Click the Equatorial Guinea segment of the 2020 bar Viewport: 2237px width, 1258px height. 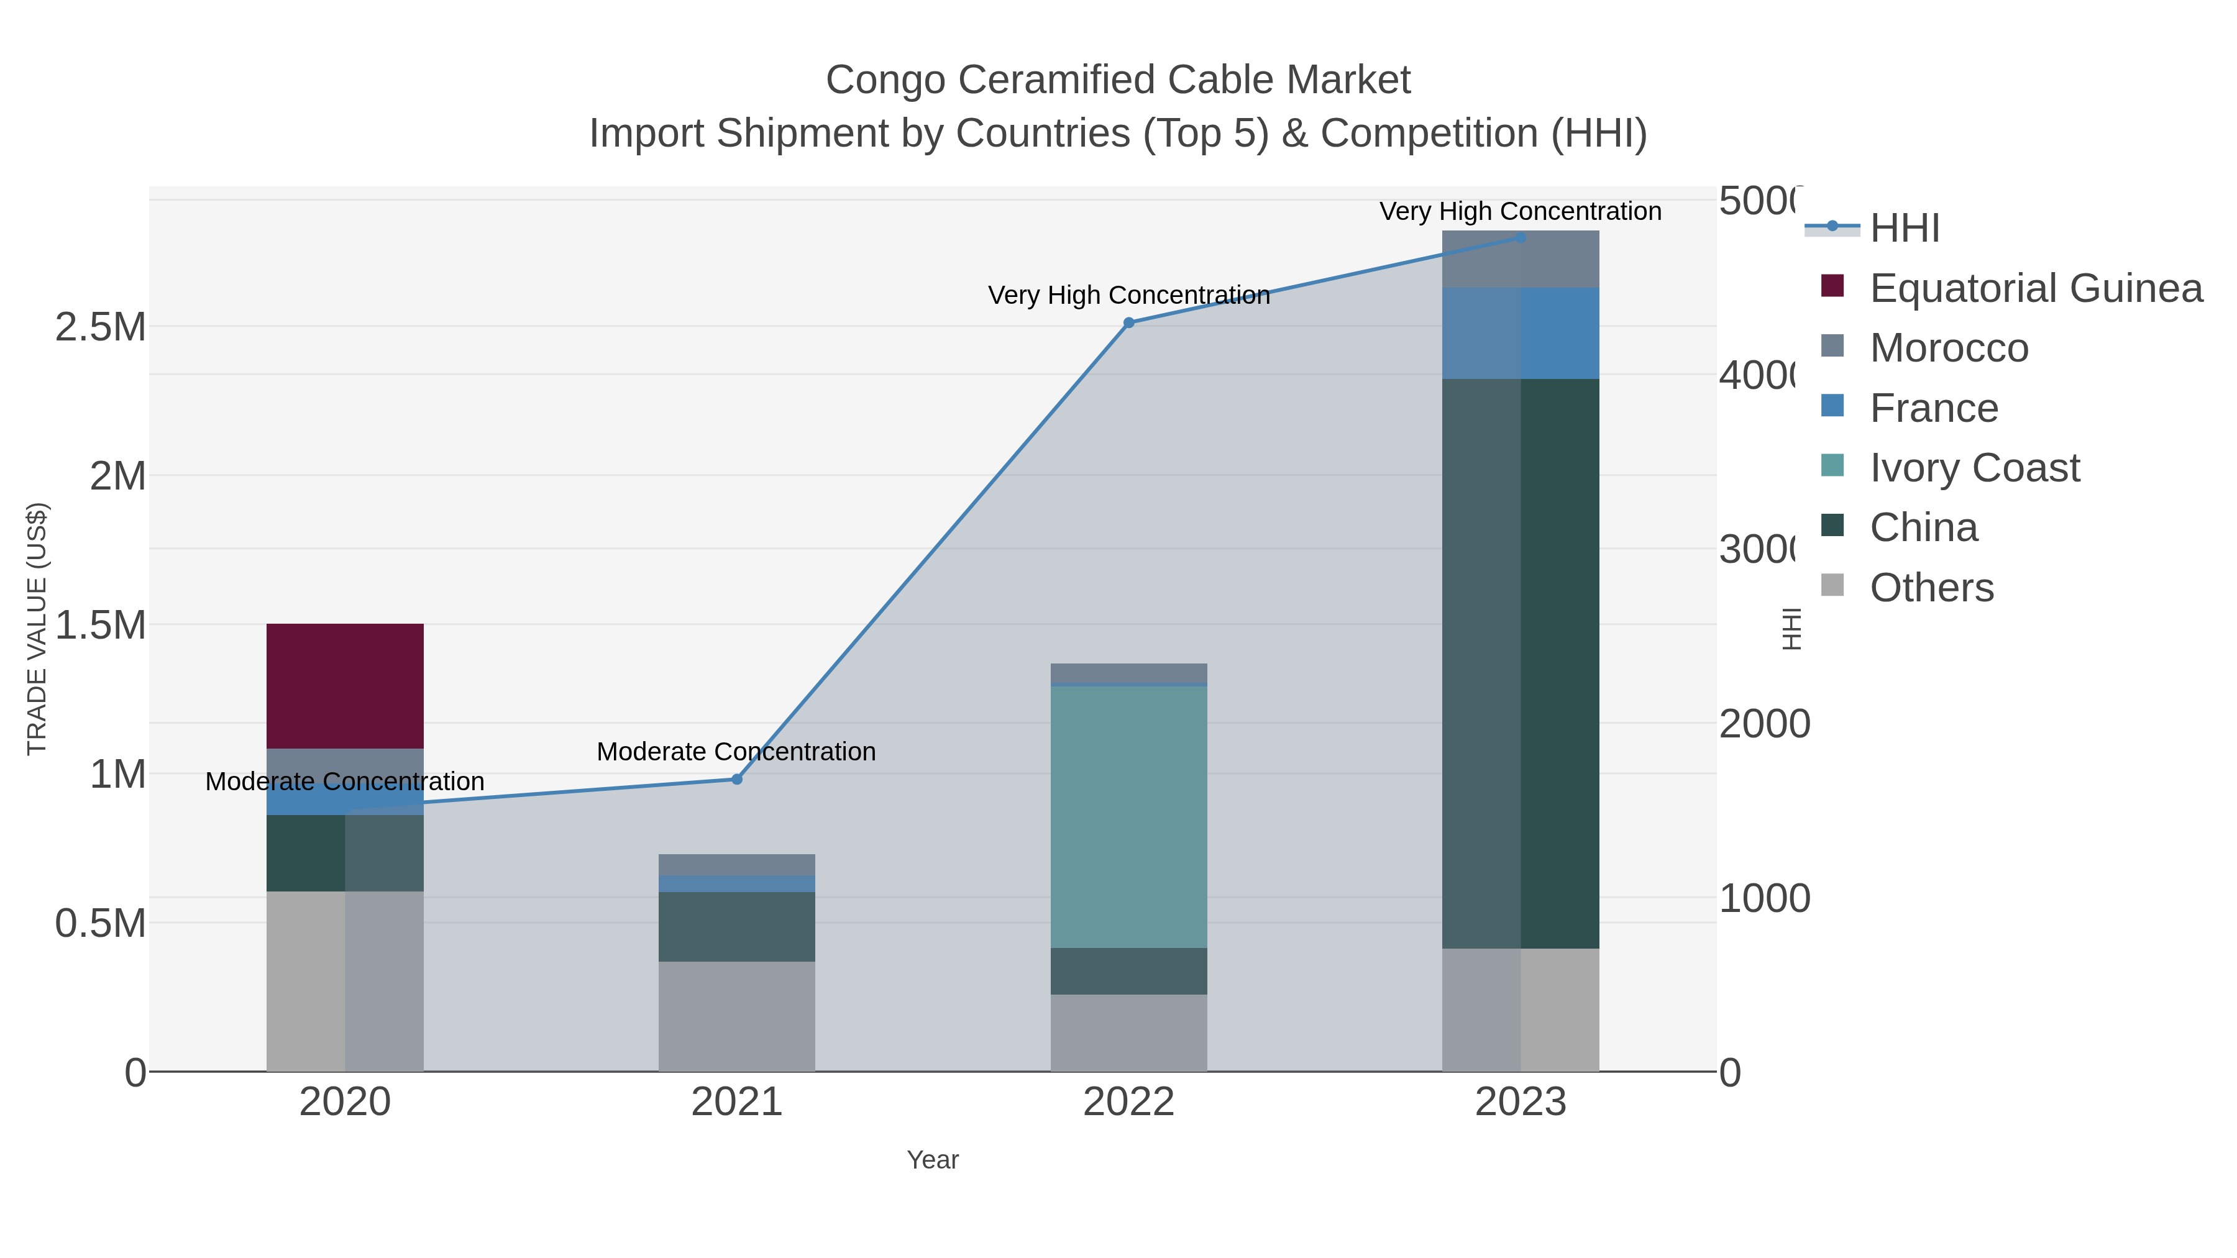(x=345, y=685)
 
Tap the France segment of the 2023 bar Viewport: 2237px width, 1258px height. (x=1520, y=334)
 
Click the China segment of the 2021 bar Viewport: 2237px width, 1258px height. (x=736, y=926)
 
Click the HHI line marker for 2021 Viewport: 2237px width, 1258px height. (x=736, y=779)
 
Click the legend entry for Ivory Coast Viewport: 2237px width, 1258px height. (x=1974, y=468)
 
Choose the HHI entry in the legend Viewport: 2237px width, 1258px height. (x=1903, y=229)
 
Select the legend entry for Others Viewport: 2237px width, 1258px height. (x=1931, y=588)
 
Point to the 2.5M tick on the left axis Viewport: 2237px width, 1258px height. (x=101, y=327)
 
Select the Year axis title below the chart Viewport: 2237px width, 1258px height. (x=933, y=1160)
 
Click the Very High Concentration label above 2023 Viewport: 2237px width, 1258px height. (x=1520, y=211)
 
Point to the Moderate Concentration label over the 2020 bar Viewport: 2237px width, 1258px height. (x=345, y=782)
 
